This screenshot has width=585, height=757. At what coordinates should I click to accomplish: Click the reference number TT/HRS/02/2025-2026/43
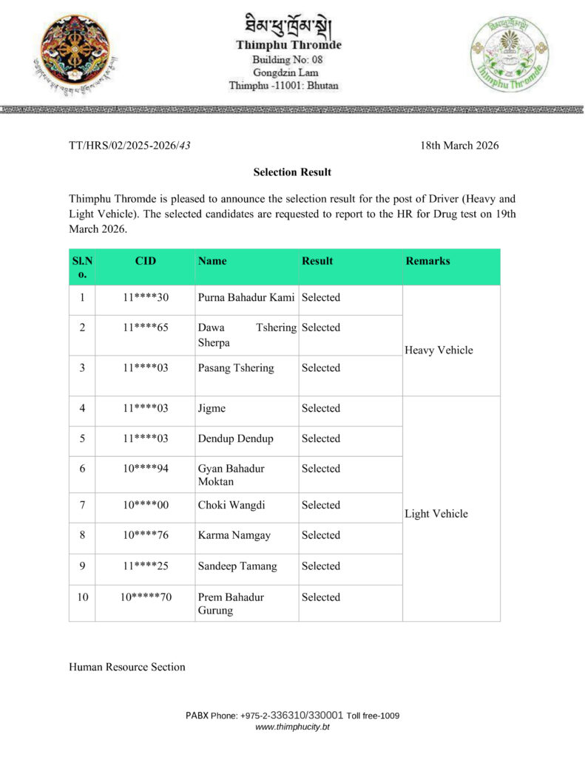(x=129, y=146)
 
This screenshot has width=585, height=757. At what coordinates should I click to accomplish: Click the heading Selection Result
(x=292, y=172)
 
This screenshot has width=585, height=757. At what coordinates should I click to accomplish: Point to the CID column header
(x=146, y=261)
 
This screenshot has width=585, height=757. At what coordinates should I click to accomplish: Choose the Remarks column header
(x=427, y=261)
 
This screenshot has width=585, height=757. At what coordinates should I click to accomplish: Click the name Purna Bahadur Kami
(x=247, y=298)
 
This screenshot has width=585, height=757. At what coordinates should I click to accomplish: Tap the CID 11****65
(x=146, y=327)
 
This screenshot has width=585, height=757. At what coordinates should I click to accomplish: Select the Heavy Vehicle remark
(x=439, y=350)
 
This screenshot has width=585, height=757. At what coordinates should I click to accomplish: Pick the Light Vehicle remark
(x=436, y=514)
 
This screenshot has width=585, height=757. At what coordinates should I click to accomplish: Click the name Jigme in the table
(x=212, y=408)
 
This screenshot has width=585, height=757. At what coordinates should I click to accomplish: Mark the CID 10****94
(x=146, y=469)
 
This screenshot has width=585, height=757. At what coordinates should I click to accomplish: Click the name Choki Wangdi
(x=231, y=506)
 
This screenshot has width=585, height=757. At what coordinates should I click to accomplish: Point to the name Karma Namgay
(x=234, y=535)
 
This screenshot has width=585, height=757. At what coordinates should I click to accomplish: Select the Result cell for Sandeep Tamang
(x=321, y=566)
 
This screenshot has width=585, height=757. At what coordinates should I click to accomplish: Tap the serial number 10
(x=82, y=597)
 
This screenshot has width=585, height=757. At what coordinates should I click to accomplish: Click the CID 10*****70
(x=146, y=597)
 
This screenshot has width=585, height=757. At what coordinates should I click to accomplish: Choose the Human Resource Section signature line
(x=127, y=667)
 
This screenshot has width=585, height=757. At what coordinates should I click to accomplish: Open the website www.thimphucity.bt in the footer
(x=292, y=727)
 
